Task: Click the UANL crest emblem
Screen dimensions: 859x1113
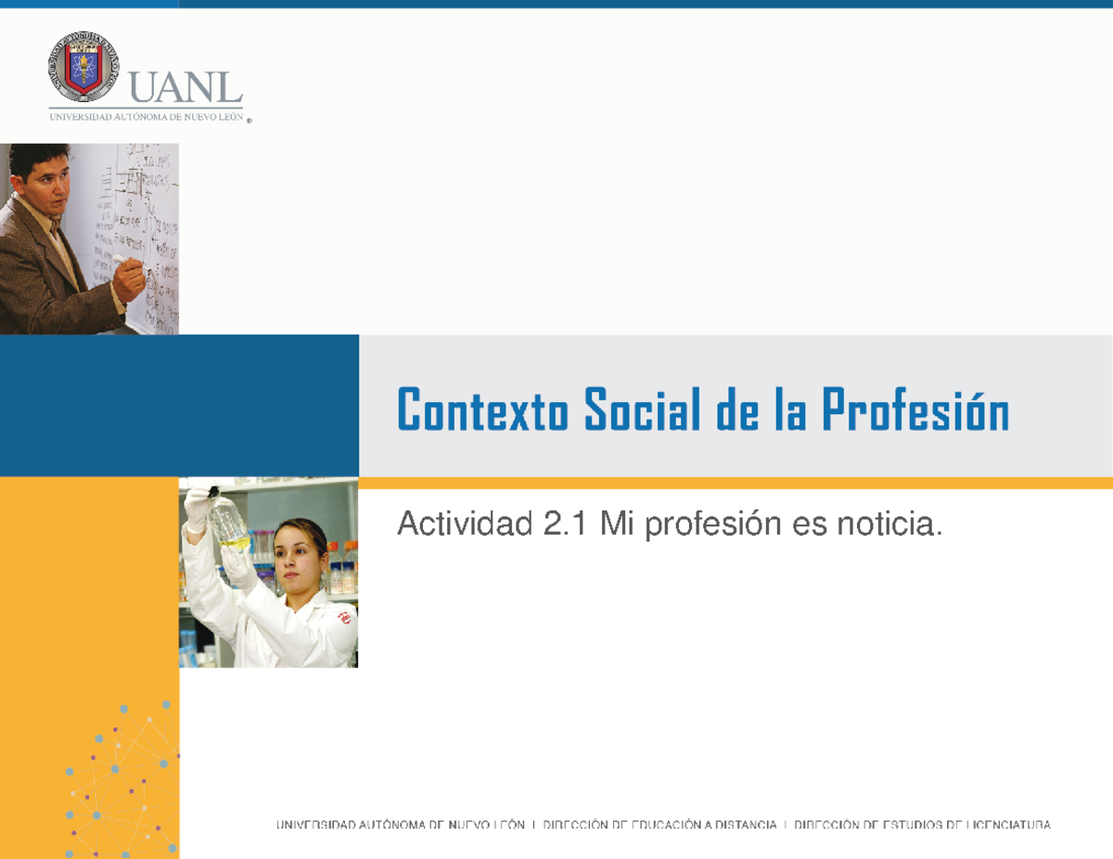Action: click(x=83, y=67)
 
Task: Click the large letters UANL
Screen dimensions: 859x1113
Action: click(x=185, y=90)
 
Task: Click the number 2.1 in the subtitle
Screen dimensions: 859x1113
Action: click(x=566, y=526)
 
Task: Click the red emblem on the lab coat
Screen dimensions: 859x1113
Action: click(x=344, y=615)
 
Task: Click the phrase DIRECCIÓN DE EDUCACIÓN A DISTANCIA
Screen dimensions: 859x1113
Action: click(x=659, y=825)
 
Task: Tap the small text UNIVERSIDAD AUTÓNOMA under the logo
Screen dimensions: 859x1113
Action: click(x=102, y=117)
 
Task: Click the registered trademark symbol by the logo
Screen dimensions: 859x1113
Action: click(x=249, y=120)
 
